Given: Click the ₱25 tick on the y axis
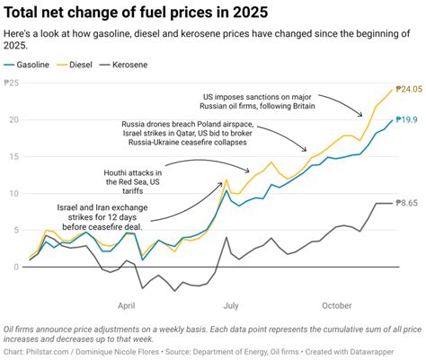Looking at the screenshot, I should (x=13, y=83).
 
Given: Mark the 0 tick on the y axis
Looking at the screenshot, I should (x=16, y=267).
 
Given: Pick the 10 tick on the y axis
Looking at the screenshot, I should (x=13, y=193).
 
